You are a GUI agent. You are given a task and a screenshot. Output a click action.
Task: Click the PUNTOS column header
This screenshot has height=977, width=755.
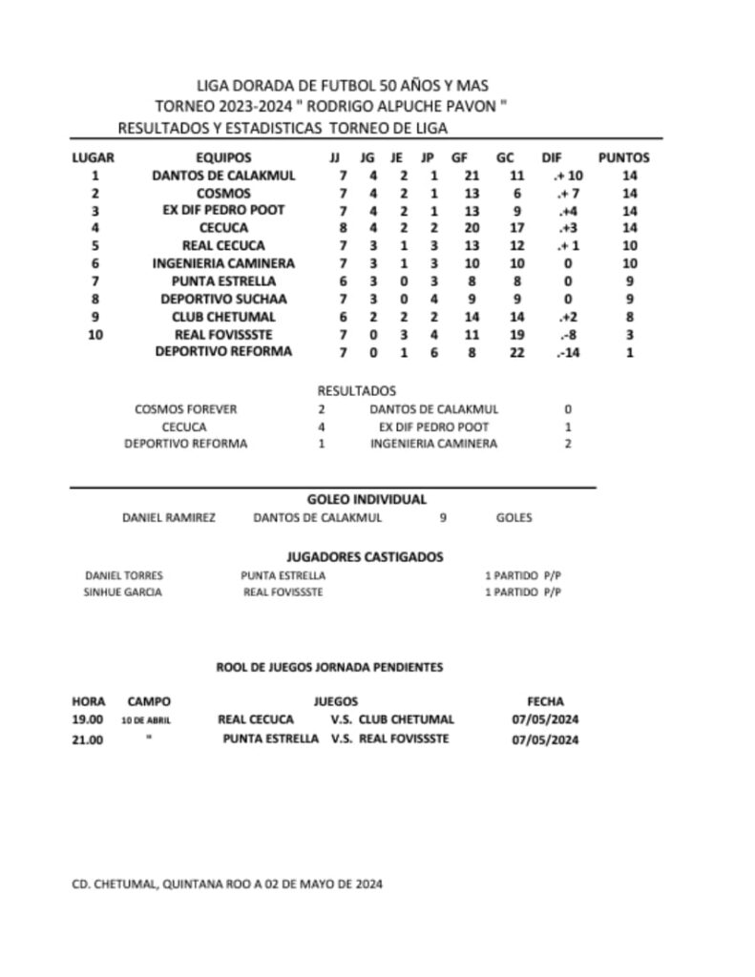click(623, 157)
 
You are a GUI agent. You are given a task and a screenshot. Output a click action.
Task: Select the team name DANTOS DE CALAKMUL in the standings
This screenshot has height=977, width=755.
click(223, 176)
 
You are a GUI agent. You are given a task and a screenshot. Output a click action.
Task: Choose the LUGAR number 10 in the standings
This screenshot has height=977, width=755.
click(94, 334)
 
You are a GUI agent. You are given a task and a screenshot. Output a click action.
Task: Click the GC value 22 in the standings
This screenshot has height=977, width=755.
click(517, 351)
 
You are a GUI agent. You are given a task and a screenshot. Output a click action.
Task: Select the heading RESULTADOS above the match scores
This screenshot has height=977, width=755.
click(356, 391)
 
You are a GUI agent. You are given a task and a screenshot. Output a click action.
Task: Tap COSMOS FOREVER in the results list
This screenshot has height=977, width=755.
click(186, 409)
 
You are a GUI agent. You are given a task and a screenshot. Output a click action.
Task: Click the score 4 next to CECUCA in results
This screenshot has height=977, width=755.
click(322, 426)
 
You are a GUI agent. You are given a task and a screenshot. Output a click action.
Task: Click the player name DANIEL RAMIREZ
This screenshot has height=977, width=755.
click(169, 518)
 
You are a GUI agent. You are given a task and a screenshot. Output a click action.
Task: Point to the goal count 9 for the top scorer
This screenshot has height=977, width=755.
click(443, 518)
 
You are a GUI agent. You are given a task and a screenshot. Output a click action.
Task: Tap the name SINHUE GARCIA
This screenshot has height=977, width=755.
click(123, 592)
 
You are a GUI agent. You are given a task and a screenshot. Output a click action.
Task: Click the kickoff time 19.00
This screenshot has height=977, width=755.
click(88, 719)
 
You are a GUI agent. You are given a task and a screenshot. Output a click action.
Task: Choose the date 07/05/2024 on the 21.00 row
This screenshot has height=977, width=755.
click(546, 739)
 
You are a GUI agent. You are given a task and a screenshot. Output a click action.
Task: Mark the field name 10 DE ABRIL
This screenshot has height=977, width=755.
click(146, 720)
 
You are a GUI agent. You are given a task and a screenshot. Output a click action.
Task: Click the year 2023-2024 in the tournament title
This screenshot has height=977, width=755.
click(251, 106)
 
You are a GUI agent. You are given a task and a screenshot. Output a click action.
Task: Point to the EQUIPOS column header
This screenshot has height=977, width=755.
click(223, 157)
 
